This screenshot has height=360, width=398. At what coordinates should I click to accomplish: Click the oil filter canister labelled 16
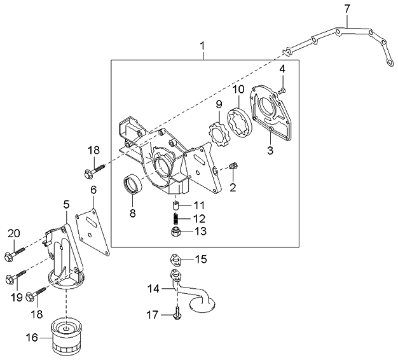coord(66,337)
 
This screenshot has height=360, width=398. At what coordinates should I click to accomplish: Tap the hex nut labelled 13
coord(175,232)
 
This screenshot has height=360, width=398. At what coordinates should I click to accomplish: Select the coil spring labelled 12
coord(175,218)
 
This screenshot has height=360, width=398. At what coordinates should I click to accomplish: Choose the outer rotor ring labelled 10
coord(240,123)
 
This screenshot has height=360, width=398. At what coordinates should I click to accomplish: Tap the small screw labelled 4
coord(282,90)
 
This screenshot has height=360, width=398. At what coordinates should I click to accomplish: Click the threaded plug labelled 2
coord(233,166)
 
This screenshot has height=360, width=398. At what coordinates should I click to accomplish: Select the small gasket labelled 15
coord(177,261)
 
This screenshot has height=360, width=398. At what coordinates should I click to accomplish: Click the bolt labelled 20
coord(15,253)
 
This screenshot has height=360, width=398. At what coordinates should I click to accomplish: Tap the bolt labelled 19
coord(16,276)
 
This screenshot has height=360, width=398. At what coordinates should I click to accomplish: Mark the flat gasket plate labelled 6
coord(93,232)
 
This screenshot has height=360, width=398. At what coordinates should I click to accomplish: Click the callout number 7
coord(347,9)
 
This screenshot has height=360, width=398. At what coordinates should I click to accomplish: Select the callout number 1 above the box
coord(202,46)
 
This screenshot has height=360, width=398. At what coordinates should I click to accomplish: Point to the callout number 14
coord(154,289)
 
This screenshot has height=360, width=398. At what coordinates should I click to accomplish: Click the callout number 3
coord(270,150)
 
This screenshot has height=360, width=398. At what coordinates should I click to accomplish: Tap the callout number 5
coord(66,204)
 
